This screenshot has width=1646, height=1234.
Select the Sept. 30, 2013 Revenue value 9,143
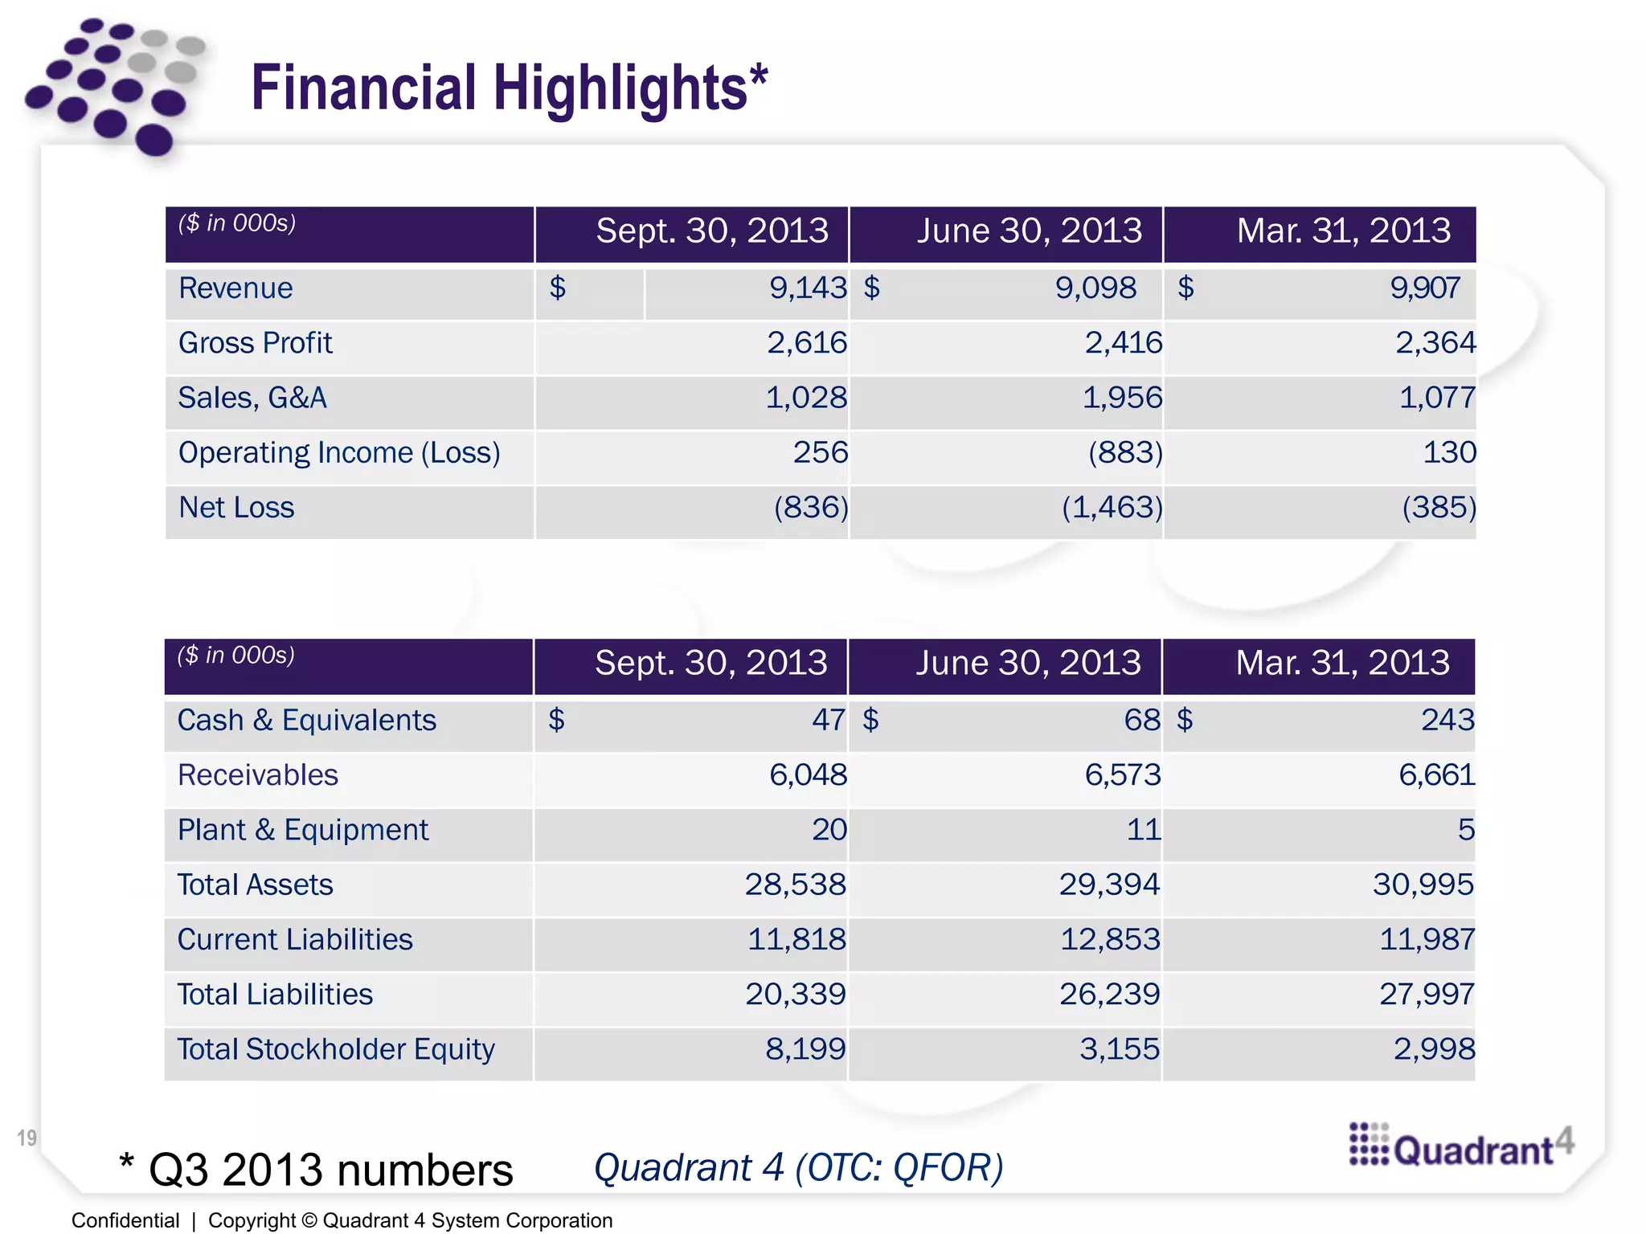[807, 288]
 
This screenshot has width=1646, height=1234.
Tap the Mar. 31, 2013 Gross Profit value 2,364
[1435, 343]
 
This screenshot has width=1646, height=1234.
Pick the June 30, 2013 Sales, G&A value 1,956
[1122, 398]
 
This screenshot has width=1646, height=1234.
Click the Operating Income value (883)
[1125, 452]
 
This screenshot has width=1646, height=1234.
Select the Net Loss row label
[236, 508]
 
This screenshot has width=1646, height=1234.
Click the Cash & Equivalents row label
[306, 720]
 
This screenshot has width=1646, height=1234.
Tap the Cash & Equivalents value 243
[1447, 720]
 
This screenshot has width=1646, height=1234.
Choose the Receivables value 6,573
[1122, 775]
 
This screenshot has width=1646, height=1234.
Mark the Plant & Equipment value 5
[1465, 830]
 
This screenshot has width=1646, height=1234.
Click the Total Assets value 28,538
[795, 885]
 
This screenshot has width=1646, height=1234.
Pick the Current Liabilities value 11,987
[1427, 939]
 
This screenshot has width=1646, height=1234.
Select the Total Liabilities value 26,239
[1109, 995]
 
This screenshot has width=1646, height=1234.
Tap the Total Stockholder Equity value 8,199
[805, 1049]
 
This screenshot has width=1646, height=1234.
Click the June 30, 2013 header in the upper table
[1029, 231]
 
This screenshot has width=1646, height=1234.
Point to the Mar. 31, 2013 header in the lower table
[1342, 664]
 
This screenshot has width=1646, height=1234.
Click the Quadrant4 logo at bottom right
[1460, 1146]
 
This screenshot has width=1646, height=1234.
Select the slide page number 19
[27, 1138]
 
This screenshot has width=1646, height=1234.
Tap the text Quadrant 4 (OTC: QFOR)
[798, 1168]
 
